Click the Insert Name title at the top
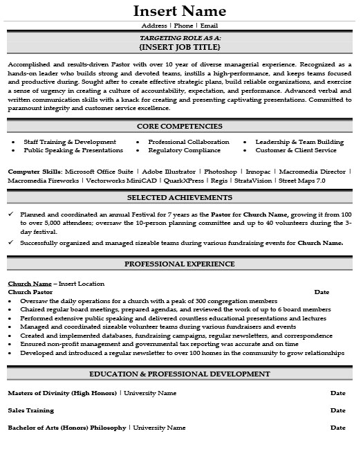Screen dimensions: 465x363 179,11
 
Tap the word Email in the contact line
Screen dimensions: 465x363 209,26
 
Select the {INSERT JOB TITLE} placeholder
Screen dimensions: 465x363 179,47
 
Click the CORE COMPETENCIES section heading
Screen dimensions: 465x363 179,126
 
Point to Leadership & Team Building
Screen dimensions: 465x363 299,141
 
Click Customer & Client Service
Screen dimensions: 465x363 295,149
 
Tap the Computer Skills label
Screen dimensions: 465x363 35,170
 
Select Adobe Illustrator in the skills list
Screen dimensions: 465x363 168,170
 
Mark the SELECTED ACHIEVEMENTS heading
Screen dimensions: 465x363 179,198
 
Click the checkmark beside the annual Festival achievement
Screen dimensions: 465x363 11,215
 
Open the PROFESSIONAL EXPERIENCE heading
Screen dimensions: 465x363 179,264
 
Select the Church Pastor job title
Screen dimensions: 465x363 30,292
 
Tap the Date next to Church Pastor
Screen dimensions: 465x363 322,292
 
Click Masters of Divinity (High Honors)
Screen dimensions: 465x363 62,392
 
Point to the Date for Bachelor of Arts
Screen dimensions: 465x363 337,428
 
